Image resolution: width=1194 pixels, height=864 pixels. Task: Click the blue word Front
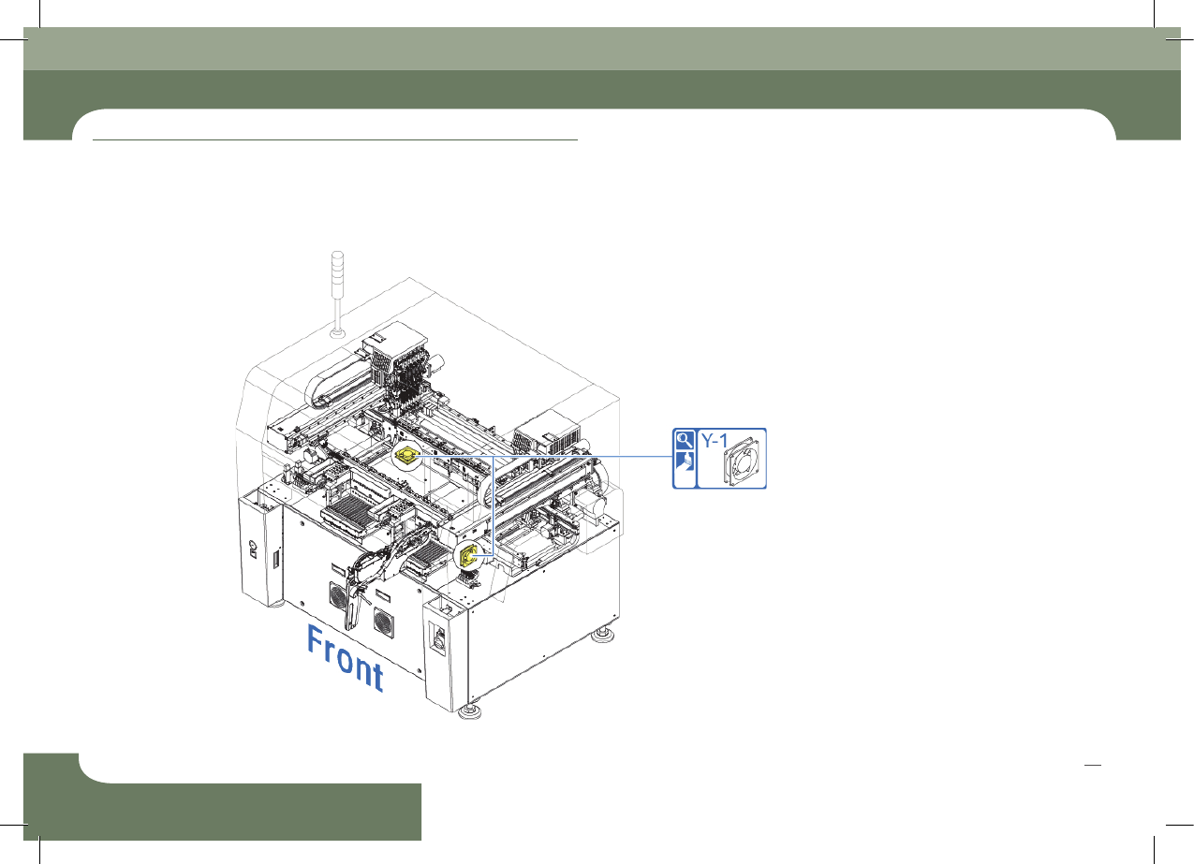(x=346, y=658)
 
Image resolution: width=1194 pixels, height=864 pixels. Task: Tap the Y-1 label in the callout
(x=715, y=441)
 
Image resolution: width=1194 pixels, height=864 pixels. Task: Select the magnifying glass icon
(x=685, y=440)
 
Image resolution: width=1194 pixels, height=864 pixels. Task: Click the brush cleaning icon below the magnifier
(x=685, y=461)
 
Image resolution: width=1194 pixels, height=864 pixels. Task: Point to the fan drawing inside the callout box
(x=742, y=461)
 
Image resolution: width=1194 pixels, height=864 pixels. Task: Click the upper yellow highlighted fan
(x=406, y=456)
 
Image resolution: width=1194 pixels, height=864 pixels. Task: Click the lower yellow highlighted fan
(x=467, y=556)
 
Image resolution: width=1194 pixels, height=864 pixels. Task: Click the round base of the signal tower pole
(x=338, y=334)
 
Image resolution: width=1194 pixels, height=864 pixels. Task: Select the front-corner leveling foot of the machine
(x=469, y=712)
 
